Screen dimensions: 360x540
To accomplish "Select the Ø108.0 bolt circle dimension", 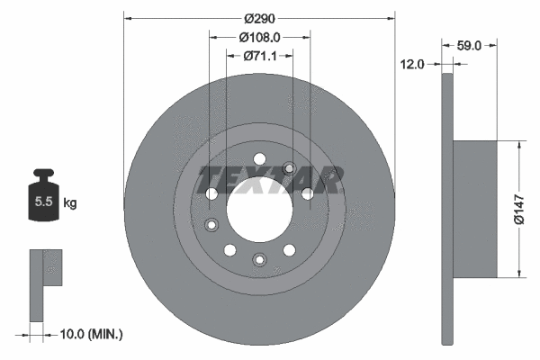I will [x=260, y=37].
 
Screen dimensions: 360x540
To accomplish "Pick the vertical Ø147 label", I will [x=519, y=208].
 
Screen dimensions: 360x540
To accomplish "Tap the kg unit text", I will [x=69, y=203].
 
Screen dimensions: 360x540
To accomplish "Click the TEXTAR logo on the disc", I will [x=270, y=179].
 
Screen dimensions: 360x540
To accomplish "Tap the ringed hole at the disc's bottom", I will [x=259, y=261].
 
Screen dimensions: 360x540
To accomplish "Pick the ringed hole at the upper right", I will [x=289, y=167].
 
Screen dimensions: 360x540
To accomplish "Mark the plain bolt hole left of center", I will [x=211, y=193].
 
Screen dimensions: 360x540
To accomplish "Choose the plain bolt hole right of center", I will [x=307, y=193].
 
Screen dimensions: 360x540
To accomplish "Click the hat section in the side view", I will [x=475, y=208].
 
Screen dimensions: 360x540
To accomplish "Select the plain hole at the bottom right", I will [x=289, y=249].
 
